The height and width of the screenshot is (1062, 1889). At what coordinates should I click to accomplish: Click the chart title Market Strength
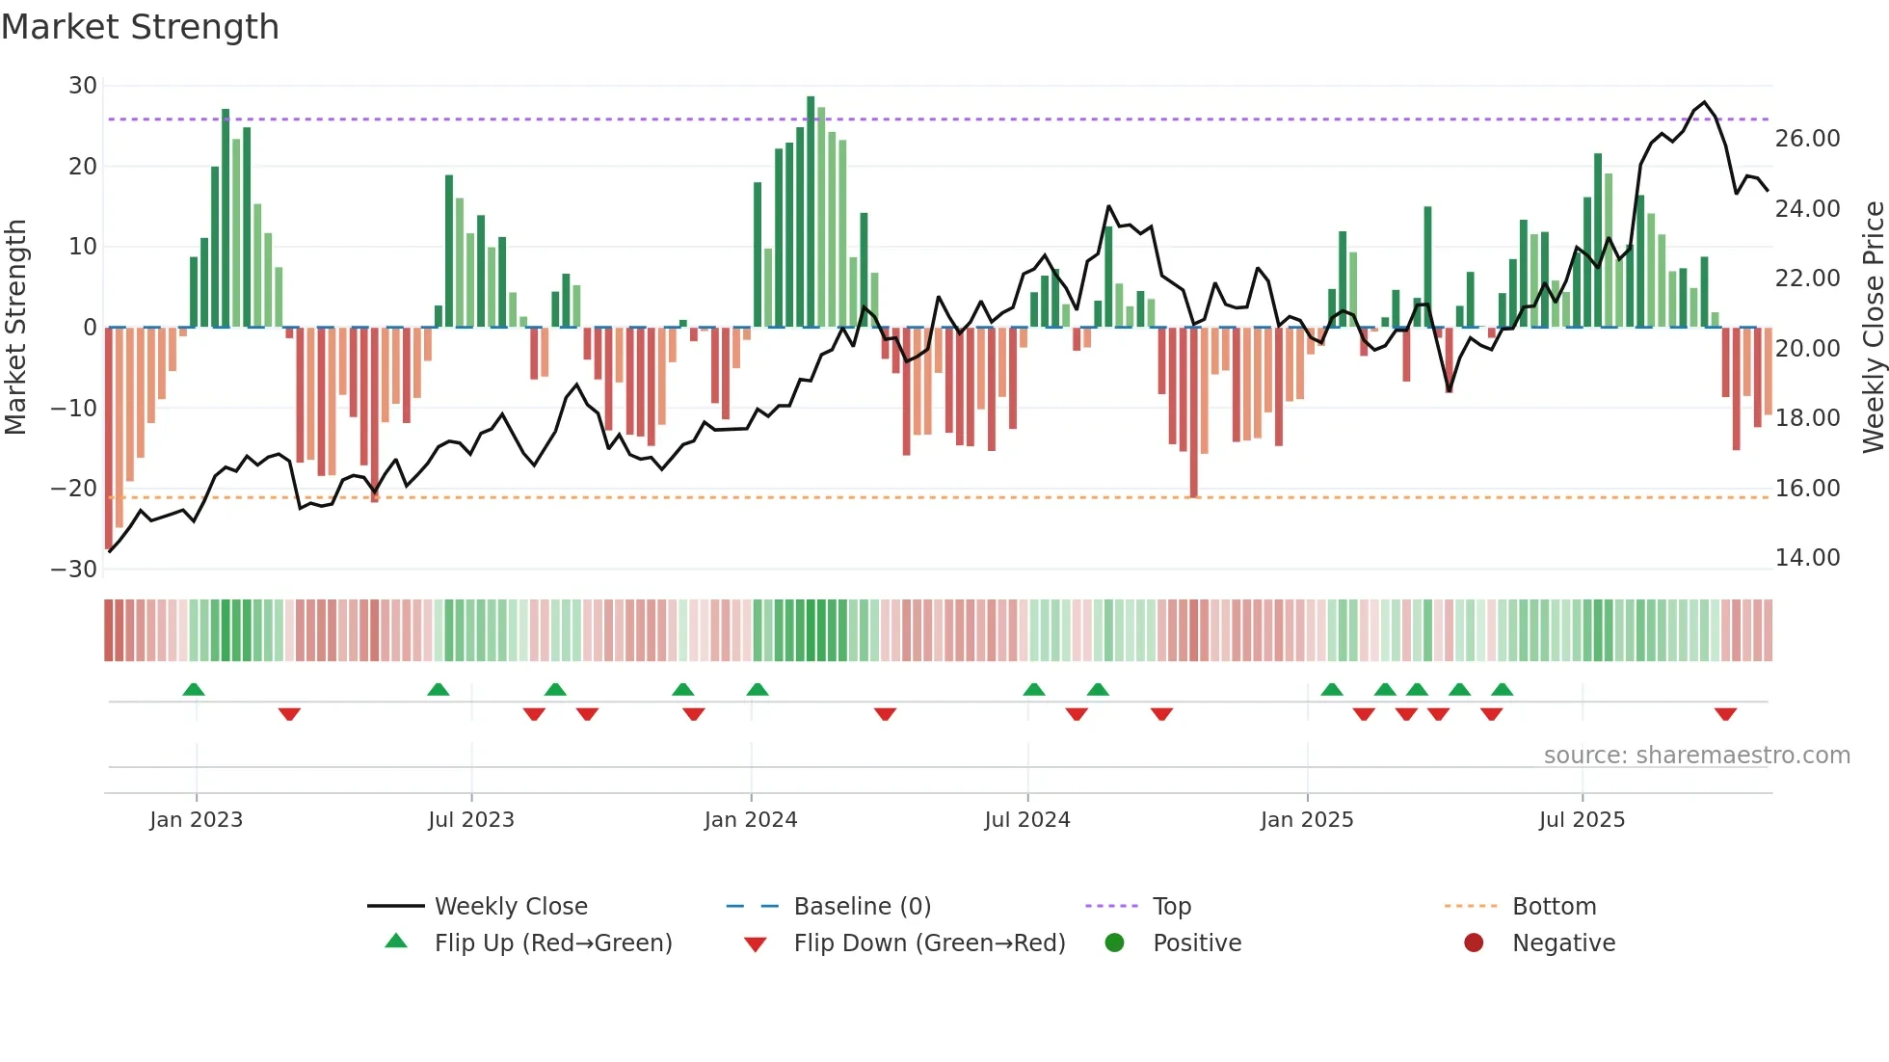(140, 27)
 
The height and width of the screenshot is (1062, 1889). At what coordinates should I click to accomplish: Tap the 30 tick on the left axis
(83, 86)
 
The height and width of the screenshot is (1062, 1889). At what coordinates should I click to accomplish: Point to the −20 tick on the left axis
(73, 489)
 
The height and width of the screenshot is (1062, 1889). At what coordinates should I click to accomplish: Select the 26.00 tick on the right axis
(1807, 139)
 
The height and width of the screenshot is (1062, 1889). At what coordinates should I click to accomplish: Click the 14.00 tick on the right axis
(1807, 558)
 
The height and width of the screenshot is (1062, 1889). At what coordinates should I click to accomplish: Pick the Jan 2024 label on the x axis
(751, 820)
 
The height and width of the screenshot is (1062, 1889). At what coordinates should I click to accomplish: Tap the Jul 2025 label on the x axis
(1582, 820)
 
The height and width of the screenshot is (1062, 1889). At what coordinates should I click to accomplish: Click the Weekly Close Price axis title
(1873, 328)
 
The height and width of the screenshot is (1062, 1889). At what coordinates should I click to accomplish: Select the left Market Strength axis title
(15, 328)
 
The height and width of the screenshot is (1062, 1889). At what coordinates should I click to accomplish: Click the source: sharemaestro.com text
(1696, 756)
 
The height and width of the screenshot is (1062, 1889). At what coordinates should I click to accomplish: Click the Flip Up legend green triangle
(396, 942)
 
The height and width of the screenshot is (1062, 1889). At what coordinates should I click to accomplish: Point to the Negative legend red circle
(1474, 943)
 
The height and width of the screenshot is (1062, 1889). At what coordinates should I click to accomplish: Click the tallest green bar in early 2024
(811, 212)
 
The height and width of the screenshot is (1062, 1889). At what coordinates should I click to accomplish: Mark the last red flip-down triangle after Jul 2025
(1725, 714)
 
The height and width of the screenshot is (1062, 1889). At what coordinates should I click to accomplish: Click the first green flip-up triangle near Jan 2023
(194, 689)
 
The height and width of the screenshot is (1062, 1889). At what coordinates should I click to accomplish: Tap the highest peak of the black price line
(1704, 102)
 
